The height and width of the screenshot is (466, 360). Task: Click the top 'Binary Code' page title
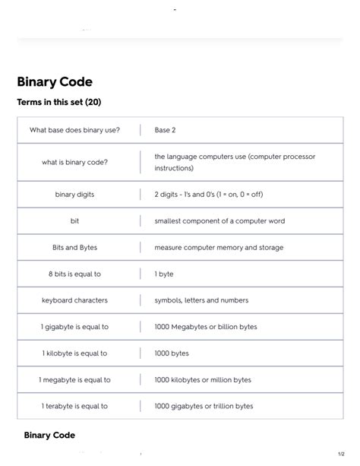tap(55, 81)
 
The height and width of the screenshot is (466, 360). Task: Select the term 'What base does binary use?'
tap(74, 130)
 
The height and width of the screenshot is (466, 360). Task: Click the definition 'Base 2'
tap(165, 130)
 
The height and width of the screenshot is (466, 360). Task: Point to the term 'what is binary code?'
tap(74, 162)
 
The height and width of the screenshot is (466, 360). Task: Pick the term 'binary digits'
tap(74, 195)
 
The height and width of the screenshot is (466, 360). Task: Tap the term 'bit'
tap(74, 221)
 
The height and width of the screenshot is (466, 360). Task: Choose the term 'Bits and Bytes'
tap(74, 248)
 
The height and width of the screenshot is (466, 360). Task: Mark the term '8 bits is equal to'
tap(74, 274)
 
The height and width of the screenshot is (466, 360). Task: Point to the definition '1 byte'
tap(164, 274)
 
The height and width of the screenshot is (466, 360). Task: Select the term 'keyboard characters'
tap(74, 300)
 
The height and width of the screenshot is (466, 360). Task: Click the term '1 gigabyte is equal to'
tap(74, 327)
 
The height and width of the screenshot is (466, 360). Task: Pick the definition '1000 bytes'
tap(172, 353)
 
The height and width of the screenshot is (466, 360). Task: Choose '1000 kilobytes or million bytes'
tap(202, 380)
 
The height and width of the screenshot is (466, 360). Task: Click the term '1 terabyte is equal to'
tap(74, 406)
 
